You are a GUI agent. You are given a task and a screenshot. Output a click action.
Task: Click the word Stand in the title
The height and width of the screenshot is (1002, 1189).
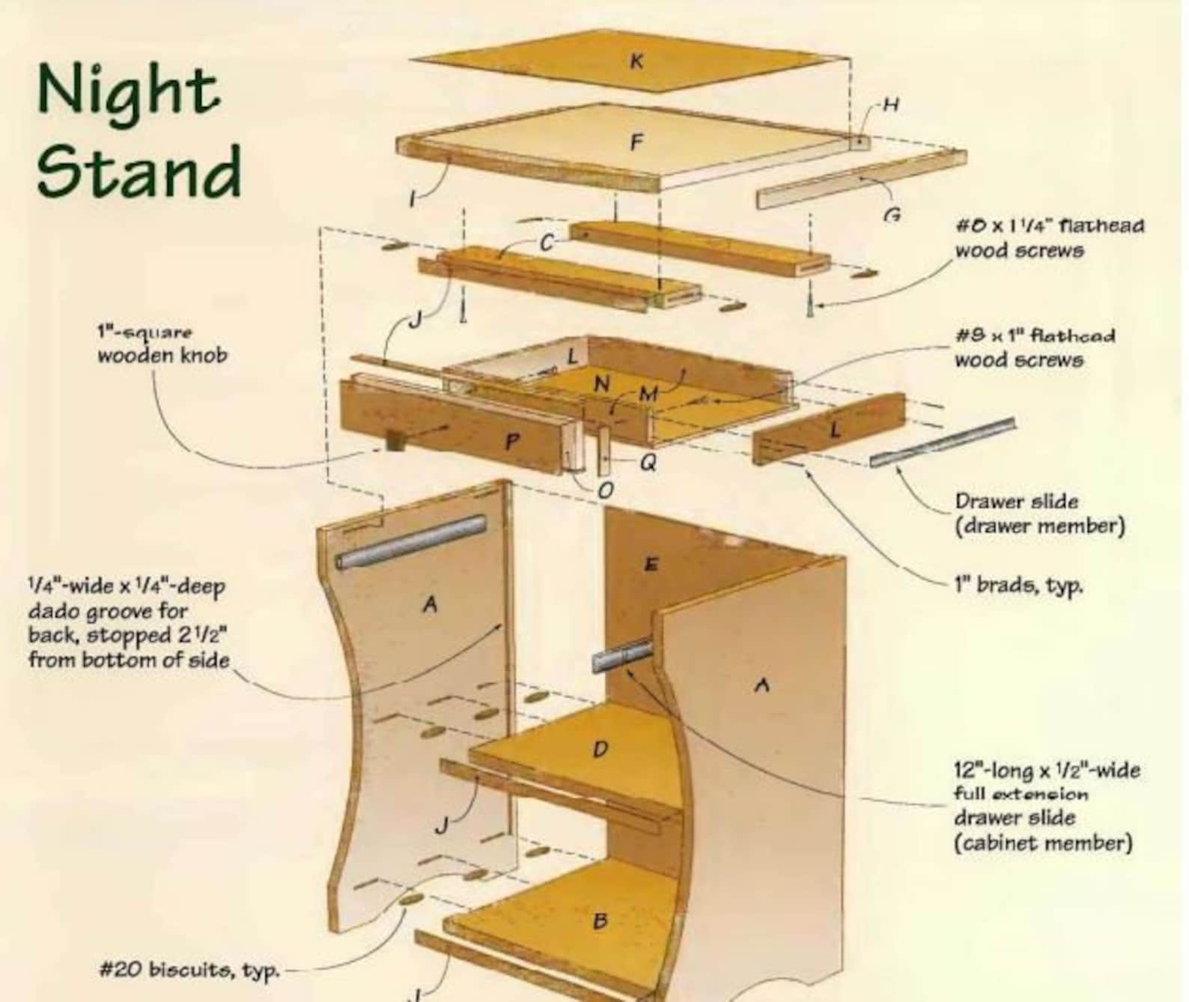point(139,171)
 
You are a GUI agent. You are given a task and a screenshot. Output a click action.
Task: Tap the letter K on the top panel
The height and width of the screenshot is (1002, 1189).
point(636,61)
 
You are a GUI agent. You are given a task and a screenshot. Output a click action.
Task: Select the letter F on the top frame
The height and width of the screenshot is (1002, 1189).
point(636,142)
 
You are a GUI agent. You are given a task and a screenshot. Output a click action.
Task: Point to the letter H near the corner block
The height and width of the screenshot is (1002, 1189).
point(890,104)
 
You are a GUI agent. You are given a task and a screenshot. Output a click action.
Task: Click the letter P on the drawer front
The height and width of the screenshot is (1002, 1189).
point(511,442)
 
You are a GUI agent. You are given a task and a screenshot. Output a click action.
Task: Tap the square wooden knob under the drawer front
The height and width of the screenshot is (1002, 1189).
point(395,441)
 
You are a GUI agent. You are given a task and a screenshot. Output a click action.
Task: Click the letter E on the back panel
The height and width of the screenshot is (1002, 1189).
point(651,565)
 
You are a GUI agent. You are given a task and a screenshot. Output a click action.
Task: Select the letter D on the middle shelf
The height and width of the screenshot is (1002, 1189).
point(600,749)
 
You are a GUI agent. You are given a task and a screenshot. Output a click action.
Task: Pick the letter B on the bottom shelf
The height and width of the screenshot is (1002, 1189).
point(600,921)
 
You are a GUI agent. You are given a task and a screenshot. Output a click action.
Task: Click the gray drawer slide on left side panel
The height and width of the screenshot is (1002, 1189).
point(411,541)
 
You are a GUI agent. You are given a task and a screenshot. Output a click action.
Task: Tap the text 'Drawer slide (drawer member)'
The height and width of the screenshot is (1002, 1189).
point(1039,514)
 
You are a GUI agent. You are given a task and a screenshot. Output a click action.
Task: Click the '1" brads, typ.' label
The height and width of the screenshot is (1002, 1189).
point(1018,585)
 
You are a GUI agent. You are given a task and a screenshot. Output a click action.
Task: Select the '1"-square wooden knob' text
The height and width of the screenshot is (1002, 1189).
point(162,344)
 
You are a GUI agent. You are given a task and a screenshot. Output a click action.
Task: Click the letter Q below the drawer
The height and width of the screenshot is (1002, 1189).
point(648,464)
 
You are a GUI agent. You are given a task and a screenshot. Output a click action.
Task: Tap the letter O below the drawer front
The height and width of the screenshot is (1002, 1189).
point(606,490)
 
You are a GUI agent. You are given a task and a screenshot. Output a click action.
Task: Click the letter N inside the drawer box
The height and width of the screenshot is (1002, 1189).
point(601,384)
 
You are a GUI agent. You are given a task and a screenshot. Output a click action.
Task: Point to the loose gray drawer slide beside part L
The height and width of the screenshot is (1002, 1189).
point(942,442)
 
